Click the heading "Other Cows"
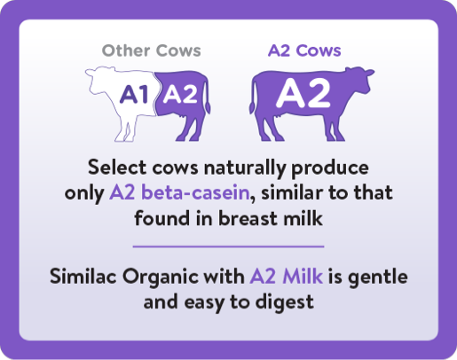[151, 51]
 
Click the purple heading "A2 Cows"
[304, 51]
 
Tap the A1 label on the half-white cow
[134, 94]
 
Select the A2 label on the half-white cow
[180, 94]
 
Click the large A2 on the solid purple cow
[303, 93]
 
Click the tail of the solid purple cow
[253, 98]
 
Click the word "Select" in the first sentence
[117, 168]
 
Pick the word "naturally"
[245, 168]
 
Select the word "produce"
[330, 168]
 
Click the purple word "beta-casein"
[195, 192]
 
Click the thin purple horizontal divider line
[228, 247]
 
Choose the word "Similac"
[83, 277]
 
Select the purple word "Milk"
[303, 277]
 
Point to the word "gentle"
[378, 278]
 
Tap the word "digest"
[284, 303]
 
